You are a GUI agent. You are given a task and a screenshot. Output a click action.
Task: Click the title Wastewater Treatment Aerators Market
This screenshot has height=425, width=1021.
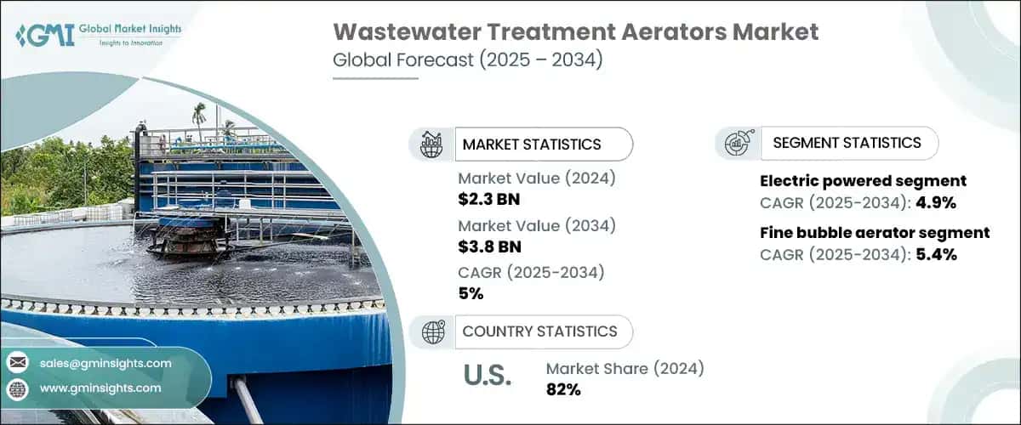coord(576,32)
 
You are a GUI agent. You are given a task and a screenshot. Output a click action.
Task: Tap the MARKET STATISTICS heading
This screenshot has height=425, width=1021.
coord(531,144)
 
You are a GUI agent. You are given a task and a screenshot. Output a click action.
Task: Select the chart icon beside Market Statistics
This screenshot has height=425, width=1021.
coord(431,144)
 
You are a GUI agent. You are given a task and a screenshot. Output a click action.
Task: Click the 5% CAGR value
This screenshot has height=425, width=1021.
coord(471,293)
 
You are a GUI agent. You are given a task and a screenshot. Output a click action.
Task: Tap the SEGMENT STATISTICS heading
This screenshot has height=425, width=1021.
coord(847,143)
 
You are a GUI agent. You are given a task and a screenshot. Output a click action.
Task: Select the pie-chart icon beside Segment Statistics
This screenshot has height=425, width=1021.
coord(737,144)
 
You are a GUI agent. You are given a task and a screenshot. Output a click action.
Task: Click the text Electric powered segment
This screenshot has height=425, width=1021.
coord(863,180)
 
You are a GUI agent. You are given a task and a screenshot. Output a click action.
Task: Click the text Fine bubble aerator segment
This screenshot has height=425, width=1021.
coord(874,232)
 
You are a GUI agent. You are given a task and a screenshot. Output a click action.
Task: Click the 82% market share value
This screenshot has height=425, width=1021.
coord(563,390)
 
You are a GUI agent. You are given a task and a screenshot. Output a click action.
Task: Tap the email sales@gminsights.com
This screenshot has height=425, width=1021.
coord(105,363)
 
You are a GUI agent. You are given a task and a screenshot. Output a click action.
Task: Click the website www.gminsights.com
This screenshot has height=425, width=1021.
coord(100,388)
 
